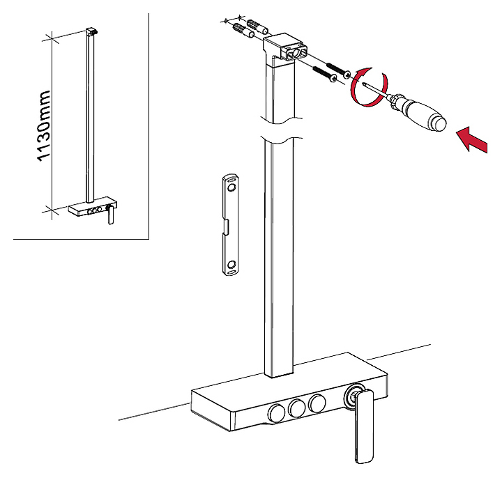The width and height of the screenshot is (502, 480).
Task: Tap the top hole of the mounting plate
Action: [231, 187]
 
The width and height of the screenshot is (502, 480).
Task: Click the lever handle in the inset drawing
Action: [110, 217]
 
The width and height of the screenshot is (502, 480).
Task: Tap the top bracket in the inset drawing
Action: [90, 31]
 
